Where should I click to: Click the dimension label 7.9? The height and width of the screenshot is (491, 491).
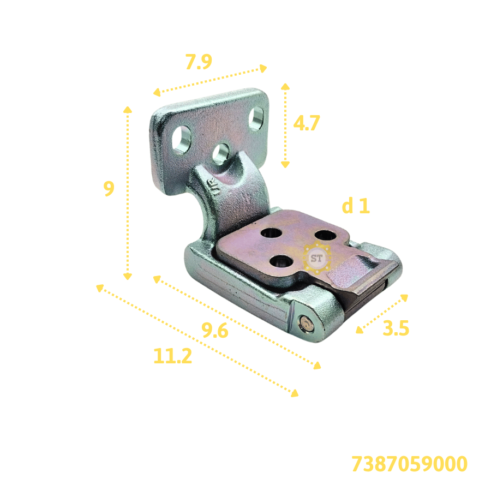(x=199, y=62)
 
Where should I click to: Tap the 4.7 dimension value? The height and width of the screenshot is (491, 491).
(x=307, y=123)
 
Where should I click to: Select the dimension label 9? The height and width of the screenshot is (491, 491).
(x=109, y=189)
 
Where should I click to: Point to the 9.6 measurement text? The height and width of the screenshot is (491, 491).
(x=214, y=330)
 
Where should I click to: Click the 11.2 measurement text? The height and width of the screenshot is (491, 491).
(x=172, y=356)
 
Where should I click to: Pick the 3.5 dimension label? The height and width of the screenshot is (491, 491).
(x=396, y=328)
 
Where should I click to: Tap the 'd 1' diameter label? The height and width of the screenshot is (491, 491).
(x=356, y=206)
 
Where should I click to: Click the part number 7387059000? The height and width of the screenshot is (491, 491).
(x=409, y=464)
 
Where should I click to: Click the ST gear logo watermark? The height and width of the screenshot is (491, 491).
(x=316, y=258)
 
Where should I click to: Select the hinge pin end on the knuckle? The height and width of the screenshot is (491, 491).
(x=306, y=323)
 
